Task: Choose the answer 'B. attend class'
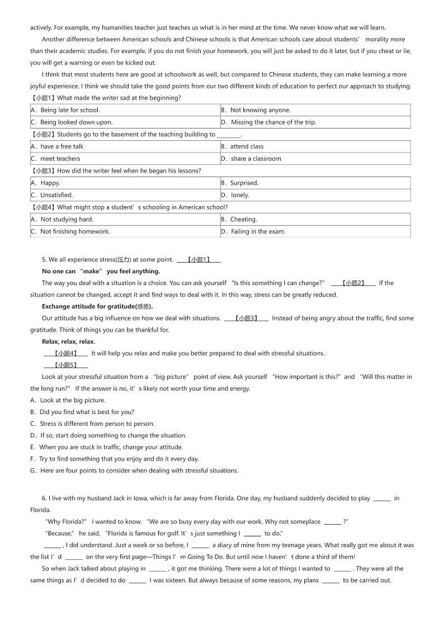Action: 247,146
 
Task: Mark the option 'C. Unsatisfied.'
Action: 56,195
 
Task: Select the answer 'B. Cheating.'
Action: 243,220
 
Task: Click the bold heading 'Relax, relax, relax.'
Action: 68,341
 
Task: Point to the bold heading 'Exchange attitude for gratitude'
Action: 97,306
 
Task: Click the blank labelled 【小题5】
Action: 65,365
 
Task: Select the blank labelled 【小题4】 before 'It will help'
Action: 65,353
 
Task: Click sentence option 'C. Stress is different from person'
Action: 92,424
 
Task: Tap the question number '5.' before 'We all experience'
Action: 44,259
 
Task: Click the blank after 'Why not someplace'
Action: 332,522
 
